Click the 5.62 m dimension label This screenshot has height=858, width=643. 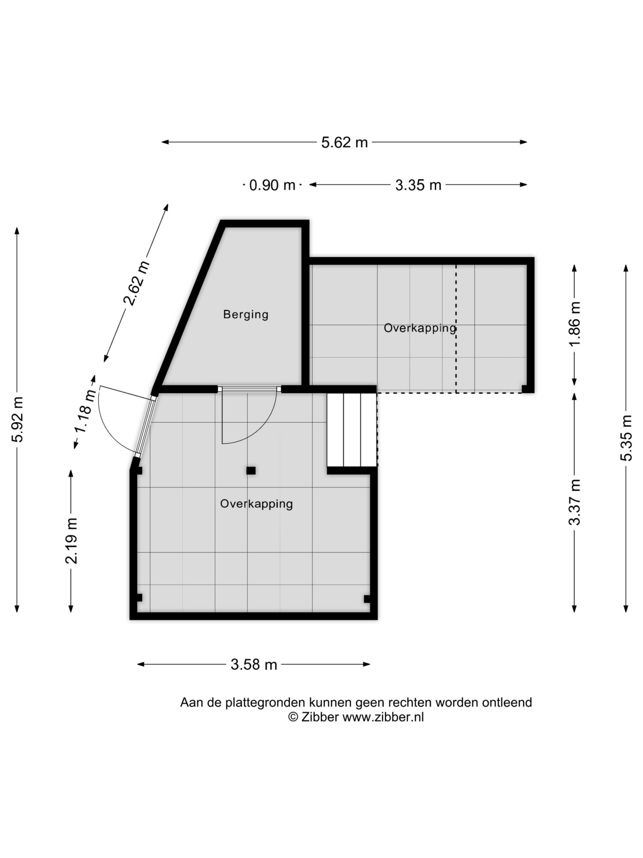pyautogui.click(x=344, y=142)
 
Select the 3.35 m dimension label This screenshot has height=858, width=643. pyautogui.click(x=418, y=185)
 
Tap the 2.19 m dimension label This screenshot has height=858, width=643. pyautogui.click(x=72, y=540)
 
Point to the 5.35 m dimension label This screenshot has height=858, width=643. pyautogui.click(x=626, y=438)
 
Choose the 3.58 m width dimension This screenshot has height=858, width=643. pyautogui.click(x=254, y=664)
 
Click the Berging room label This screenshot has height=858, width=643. pyautogui.click(x=245, y=314)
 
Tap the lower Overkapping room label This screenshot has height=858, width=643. pyautogui.click(x=256, y=503)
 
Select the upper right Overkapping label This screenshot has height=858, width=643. pyautogui.click(x=420, y=328)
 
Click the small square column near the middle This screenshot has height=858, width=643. pyautogui.click(x=251, y=471)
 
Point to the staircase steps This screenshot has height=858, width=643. pyautogui.click(x=352, y=429)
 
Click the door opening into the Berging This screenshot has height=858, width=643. pyautogui.click(x=249, y=415)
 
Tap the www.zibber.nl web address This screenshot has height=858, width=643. pyautogui.click(x=383, y=717)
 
